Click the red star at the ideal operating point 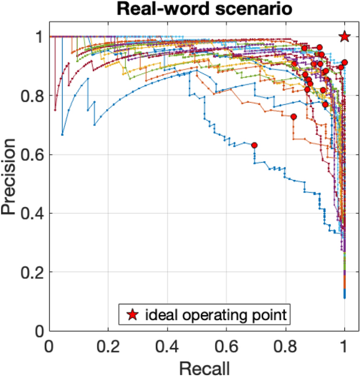pyautogui.click(x=344, y=36)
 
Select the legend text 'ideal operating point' pyautogui.click(x=215, y=315)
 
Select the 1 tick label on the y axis pyautogui.click(x=38, y=37)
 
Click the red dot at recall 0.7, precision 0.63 pyautogui.click(x=254, y=145)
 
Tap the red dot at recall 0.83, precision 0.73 pyautogui.click(x=294, y=117)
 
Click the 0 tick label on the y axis pyautogui.click(x=38, y=331)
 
